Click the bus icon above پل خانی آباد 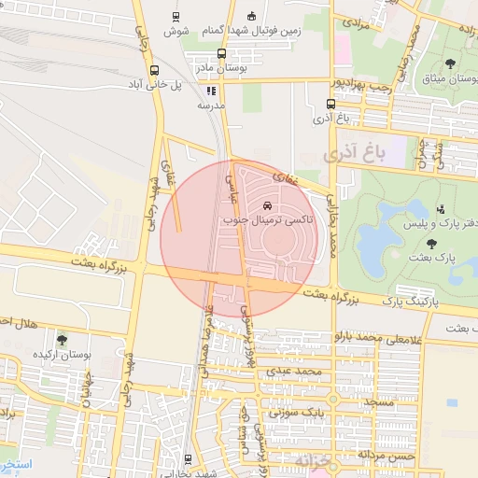coord(154,68)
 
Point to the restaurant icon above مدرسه coord(211,91)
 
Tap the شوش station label coord(176,32)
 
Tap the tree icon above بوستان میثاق coord(450,63)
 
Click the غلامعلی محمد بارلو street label coord(390,336)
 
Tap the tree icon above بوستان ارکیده coord(63,340)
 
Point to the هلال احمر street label coord(18,322)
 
